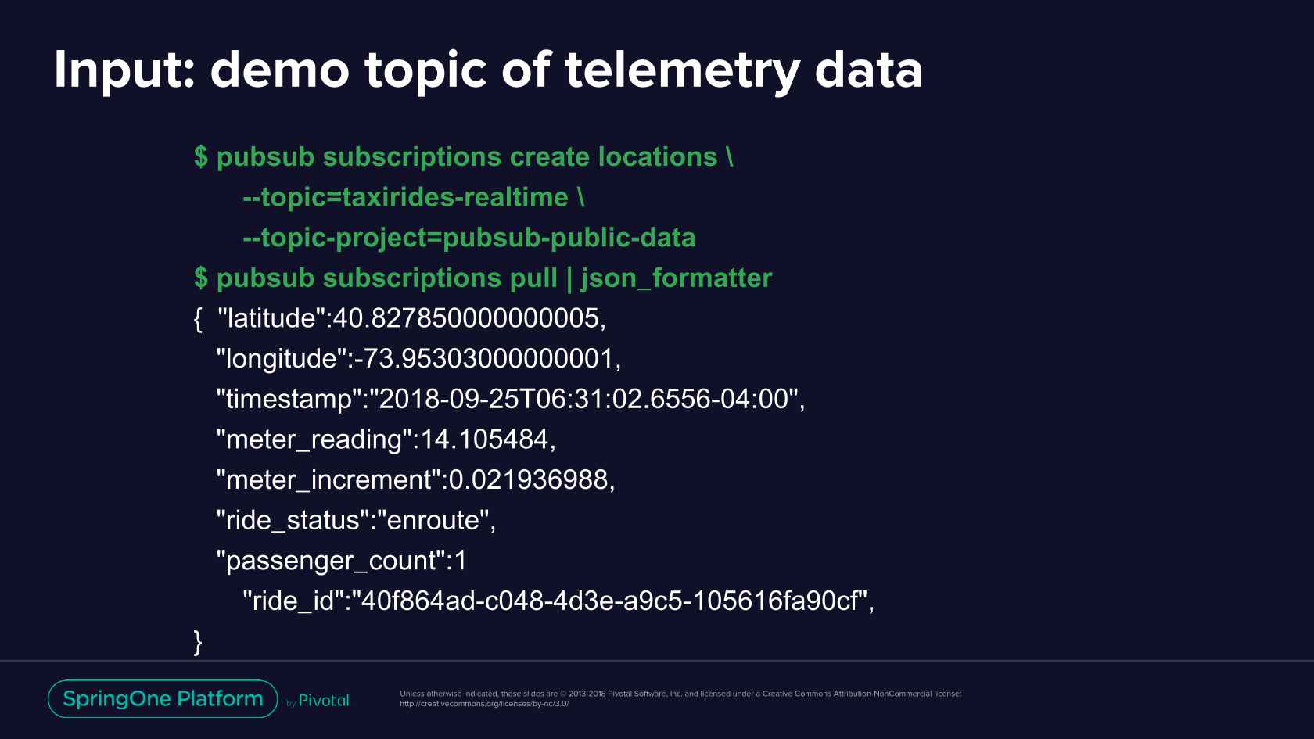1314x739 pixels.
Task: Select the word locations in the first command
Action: click(658, 156)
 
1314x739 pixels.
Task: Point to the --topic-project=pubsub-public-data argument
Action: click(469, 238)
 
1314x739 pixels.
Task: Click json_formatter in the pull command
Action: click(677, 278)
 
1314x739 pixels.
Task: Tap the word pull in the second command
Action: click(533, 278)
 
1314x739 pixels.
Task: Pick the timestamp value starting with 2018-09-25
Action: click(583, 399)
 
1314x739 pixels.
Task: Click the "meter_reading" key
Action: click(314, 439)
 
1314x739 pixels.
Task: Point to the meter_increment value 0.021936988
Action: click(528, 480)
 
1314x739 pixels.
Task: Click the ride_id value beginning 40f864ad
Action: click(609, 601)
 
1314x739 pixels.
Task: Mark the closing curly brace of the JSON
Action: click(198, 642)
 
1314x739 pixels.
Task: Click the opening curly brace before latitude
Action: click(198, 319)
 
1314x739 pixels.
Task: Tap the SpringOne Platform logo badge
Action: click(163, 698)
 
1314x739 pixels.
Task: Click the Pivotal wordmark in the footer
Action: click(324, 701)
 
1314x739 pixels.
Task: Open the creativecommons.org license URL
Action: click(485, 704)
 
